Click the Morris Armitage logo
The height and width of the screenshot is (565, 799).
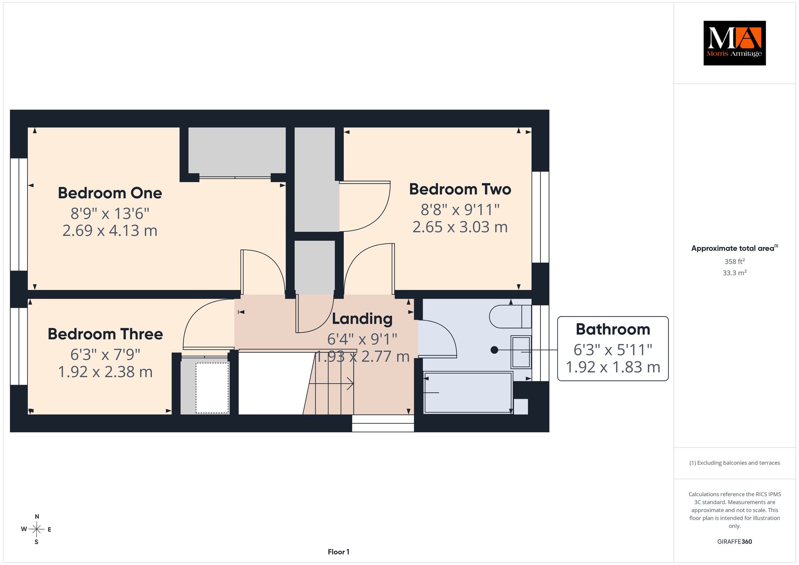point(734,43)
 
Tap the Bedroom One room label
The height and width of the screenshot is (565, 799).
point(110,193)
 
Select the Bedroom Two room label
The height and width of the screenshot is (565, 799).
point(460,189)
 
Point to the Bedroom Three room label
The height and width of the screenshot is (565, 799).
point(105,334)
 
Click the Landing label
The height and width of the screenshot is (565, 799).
point(362,319)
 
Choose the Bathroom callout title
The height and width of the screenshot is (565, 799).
point(613,329)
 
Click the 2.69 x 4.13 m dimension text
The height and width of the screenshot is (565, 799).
point(110,231)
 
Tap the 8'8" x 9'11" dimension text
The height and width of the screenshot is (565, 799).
point(460,210)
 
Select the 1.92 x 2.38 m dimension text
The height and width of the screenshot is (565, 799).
point(105,372)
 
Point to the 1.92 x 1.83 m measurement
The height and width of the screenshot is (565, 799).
point(613,367)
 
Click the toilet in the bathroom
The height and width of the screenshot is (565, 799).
point(510,316)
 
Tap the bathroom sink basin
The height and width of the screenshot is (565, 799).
point(521,352)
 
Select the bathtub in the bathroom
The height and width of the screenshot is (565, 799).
point(468,393)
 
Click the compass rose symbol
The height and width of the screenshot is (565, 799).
point(37,529)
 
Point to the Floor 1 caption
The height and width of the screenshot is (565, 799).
point(339,552)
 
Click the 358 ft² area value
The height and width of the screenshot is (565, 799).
point(735,261)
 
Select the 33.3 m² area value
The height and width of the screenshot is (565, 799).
point(735,273)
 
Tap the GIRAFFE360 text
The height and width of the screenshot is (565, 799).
point(735,542)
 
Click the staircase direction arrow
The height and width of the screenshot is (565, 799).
point(331,384)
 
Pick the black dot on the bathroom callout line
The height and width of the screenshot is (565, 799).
point(494,350)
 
